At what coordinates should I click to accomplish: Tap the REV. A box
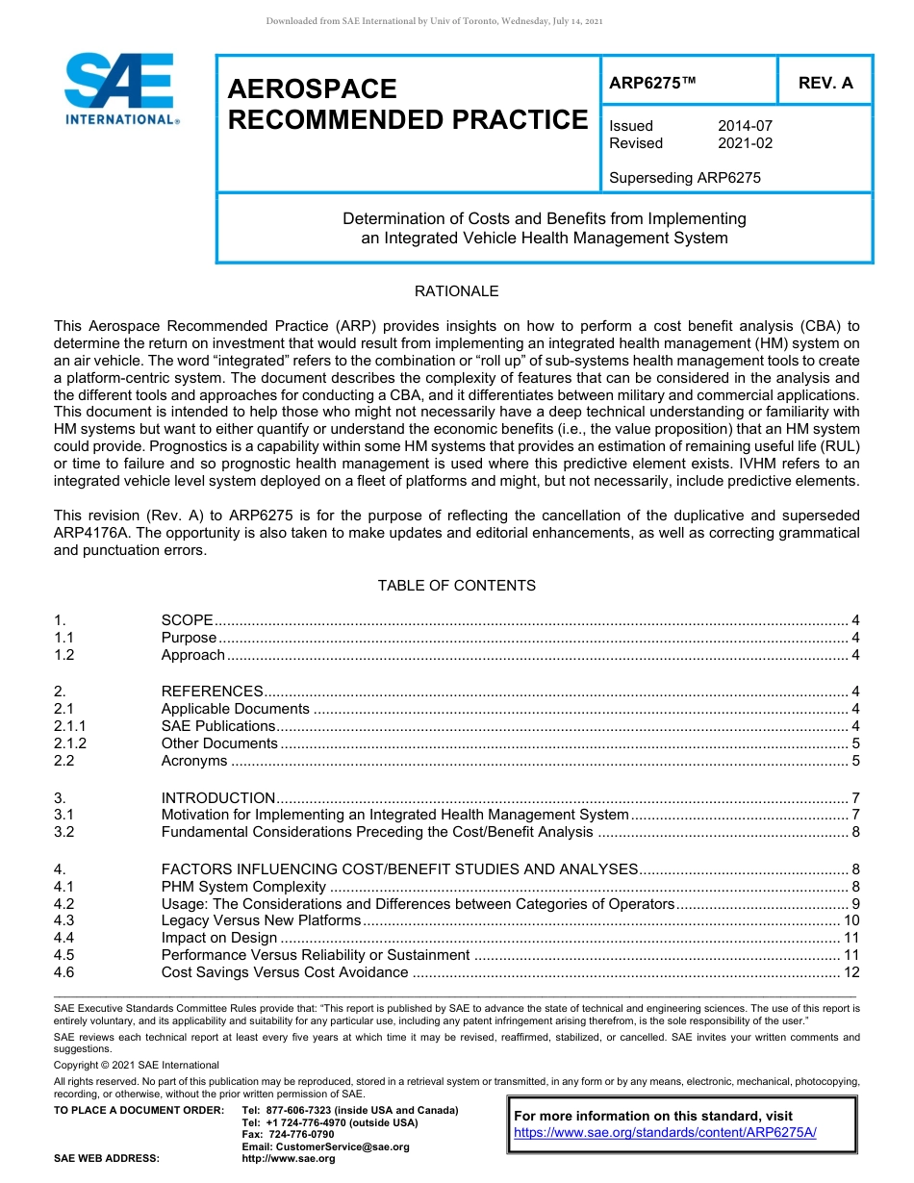(x=825, y=83)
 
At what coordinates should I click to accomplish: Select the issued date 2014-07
(x=745, y=126)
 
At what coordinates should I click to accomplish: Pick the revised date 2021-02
(x=745, y=143)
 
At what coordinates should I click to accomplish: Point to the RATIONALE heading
(x=456, y=291)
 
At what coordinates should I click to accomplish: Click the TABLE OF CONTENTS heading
(x=456, y=586)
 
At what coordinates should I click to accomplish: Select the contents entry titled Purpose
(x=189, y=638)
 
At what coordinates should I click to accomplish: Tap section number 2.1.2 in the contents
(x=70, y=743)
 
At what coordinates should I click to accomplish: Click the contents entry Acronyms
(x=194, y=761)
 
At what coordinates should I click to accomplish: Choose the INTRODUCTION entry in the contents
(x=218, y=798)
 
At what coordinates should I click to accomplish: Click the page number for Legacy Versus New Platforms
(x=851, y=920)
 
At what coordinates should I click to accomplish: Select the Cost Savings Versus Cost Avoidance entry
(x=285, y=972)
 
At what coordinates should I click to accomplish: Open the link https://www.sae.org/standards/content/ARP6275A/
(x=665, y=1133)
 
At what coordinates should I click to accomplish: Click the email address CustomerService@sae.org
(x=326, y=1146)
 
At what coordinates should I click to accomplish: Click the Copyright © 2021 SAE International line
(x=137, y=1065)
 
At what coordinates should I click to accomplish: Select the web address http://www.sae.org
(x=289, y=1158)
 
